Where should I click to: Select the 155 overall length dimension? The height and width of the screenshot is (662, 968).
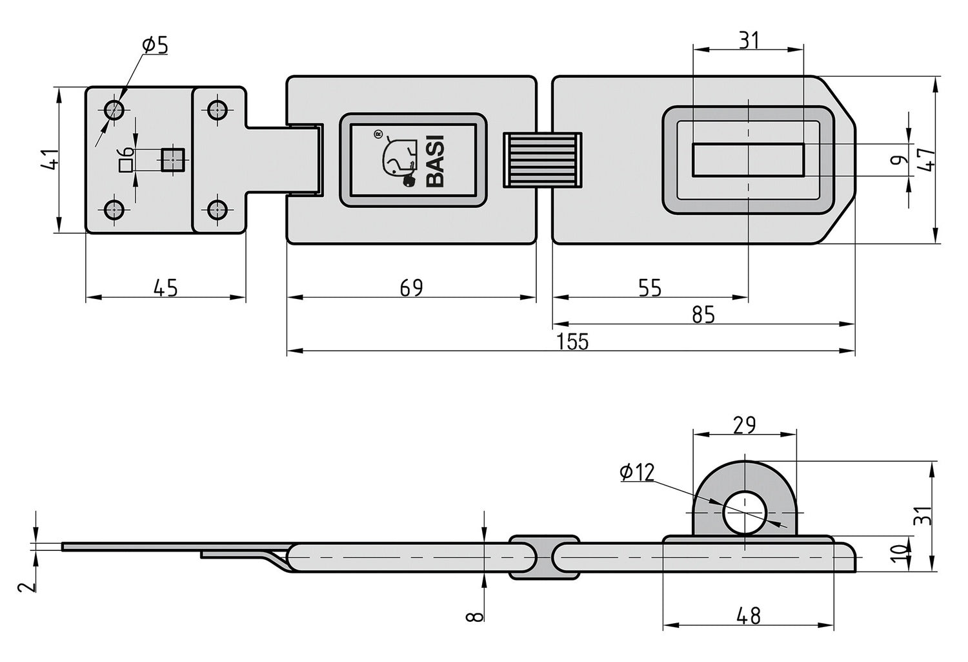574,341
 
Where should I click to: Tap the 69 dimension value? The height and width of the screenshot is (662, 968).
410,287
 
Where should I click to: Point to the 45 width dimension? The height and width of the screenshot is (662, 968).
165,287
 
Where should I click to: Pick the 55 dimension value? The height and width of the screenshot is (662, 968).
650,287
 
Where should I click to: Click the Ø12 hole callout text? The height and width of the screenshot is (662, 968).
636,473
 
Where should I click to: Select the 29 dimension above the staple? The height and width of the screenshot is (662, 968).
744,425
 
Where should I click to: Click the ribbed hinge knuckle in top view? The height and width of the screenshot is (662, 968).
543,160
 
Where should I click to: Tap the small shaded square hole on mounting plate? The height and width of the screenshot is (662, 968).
172,160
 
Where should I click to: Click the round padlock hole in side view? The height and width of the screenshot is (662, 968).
745,513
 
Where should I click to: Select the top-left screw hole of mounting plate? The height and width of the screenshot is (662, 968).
115,110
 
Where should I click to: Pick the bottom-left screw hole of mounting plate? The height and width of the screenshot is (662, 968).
115,210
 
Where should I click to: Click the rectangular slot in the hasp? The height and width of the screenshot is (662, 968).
748,160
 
